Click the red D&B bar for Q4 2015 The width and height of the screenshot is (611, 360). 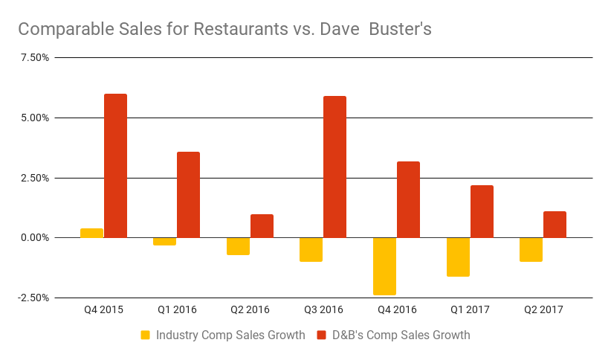115,166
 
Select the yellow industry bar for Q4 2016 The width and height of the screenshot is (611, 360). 384,266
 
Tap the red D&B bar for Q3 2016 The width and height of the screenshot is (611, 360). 334,167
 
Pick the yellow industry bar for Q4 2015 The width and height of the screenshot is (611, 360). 91,233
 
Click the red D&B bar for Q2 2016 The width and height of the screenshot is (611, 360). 262,226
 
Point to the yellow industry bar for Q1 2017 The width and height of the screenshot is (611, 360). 458,257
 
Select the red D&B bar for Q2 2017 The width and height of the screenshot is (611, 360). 555,225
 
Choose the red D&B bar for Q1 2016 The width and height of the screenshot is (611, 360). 188,195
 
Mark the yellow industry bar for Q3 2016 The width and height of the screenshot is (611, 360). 311,250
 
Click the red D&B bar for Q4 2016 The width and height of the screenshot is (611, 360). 408,199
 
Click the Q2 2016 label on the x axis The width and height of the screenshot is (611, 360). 249,309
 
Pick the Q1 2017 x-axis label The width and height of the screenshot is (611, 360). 469,309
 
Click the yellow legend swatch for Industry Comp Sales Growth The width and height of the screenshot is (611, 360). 146,335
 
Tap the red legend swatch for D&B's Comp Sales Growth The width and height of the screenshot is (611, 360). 323,335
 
